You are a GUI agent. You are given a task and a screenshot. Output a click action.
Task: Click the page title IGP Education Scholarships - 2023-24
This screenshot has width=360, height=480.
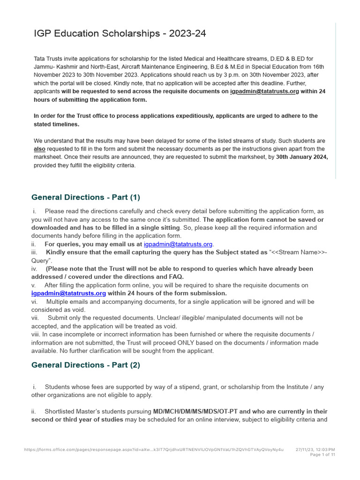pos(120,34)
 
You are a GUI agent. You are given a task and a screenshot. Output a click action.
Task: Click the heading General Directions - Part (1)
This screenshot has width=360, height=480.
pos(85,197)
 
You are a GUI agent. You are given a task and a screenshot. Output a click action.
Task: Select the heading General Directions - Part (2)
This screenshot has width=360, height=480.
pos(85,365)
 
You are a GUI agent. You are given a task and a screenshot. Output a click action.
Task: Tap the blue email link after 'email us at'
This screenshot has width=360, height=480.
pos(178,244)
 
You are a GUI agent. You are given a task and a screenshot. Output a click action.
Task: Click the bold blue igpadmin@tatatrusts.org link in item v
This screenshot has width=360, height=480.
pos(68,293)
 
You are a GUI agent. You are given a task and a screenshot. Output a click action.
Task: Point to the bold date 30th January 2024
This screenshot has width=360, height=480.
pos(302,157)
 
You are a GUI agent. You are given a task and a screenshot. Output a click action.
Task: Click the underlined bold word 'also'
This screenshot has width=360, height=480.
pos(39,149)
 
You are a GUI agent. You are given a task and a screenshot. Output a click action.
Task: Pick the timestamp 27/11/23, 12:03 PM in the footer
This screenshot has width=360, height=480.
pos(315,450)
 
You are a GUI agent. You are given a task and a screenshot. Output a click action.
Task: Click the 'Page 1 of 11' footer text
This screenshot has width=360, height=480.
pos(323,455)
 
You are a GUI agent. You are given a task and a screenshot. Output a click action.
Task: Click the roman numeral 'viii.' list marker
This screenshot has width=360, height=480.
pos(36,334)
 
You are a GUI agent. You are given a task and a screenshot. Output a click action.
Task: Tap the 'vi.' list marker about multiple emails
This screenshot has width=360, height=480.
pos(34,301)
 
